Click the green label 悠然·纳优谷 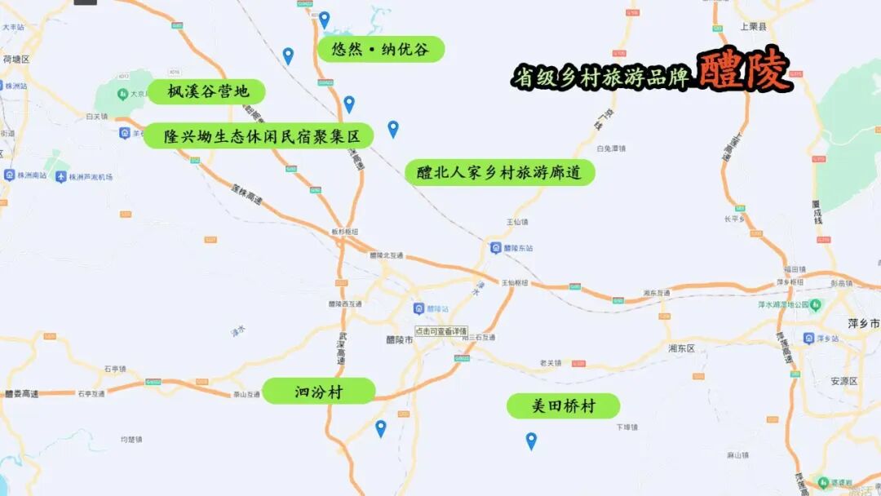coord(380,49)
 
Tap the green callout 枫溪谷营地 coord(208,91)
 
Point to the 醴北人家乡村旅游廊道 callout coord(499,173)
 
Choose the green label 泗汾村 coord(318,392)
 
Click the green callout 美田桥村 coord(563,406)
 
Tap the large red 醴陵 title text coord(744,72)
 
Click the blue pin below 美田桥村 coord(531,441)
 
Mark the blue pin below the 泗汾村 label coord(380,428)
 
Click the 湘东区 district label coord(681,348)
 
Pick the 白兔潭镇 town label coord(610,148)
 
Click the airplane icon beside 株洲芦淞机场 coord(61,176)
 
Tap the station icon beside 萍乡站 coord(808,338)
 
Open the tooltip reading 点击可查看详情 coord(441,331)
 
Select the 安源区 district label coord(844,381)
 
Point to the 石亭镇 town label coord(114,369)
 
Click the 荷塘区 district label coord(16,60)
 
